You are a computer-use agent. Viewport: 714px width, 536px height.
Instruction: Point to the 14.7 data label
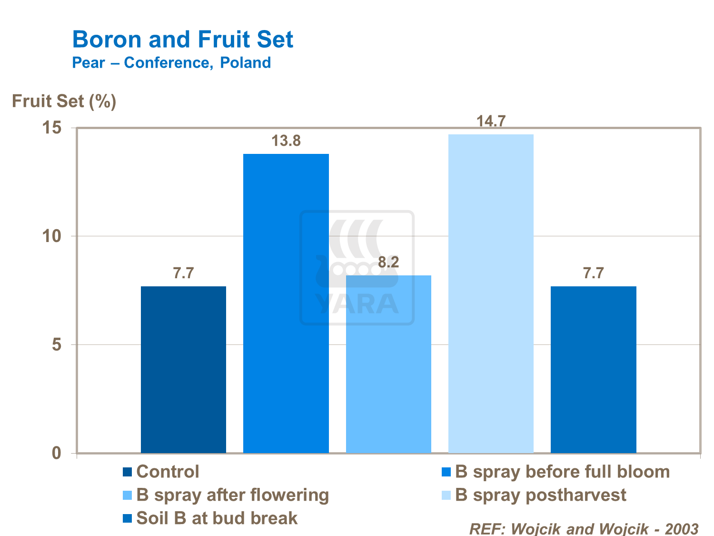coord(491,121)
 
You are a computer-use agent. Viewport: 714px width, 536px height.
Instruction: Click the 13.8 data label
coord(286,141)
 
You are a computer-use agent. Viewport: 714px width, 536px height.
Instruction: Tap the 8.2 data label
coord(388,263)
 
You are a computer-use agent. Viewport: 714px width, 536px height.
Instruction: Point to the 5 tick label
coord(57,344)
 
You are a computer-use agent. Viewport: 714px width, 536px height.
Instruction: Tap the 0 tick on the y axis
coord(57,453)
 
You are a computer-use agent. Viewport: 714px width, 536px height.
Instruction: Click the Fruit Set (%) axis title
coord(64,101)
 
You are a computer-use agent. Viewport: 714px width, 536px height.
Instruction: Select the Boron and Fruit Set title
coord(183,39)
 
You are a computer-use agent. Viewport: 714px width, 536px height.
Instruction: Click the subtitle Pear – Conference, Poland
coord(171,62)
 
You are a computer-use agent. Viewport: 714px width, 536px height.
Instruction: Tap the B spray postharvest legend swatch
coord(446,496)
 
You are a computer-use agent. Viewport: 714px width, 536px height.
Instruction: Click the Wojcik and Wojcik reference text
coord(584,528)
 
